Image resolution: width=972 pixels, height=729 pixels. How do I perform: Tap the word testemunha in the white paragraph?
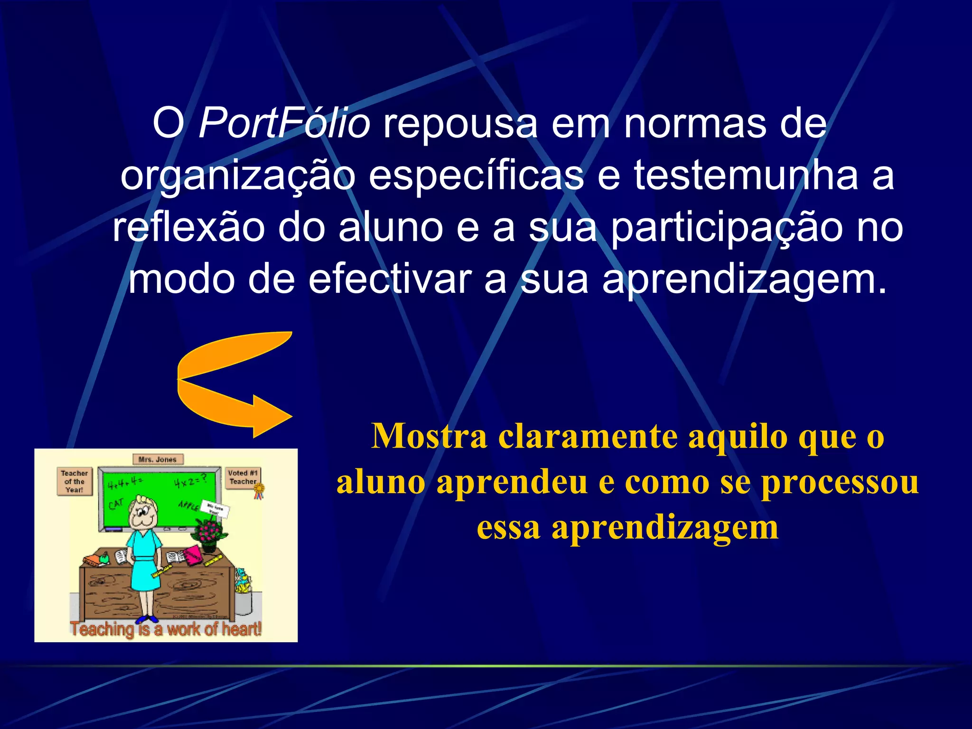pos(746,176)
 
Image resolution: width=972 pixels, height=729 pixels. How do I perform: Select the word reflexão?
pos(188,228)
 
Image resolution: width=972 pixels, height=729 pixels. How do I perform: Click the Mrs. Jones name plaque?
pos(158,459)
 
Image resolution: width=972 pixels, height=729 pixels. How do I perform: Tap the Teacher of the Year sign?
pos(75,481)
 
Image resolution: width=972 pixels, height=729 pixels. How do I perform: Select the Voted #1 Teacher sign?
pos(243,477)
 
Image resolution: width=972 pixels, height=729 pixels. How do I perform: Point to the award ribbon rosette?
pos(259,490)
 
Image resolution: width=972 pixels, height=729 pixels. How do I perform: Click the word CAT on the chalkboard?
pos(116,504)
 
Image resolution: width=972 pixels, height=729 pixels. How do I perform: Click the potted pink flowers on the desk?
pos(209,533)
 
